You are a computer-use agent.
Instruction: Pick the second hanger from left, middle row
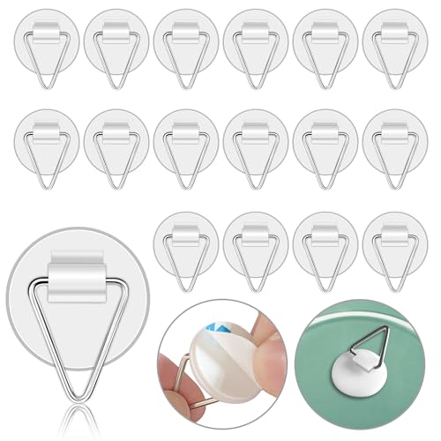tap(116, 141)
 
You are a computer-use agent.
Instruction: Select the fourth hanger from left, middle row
tap(255, 141)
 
